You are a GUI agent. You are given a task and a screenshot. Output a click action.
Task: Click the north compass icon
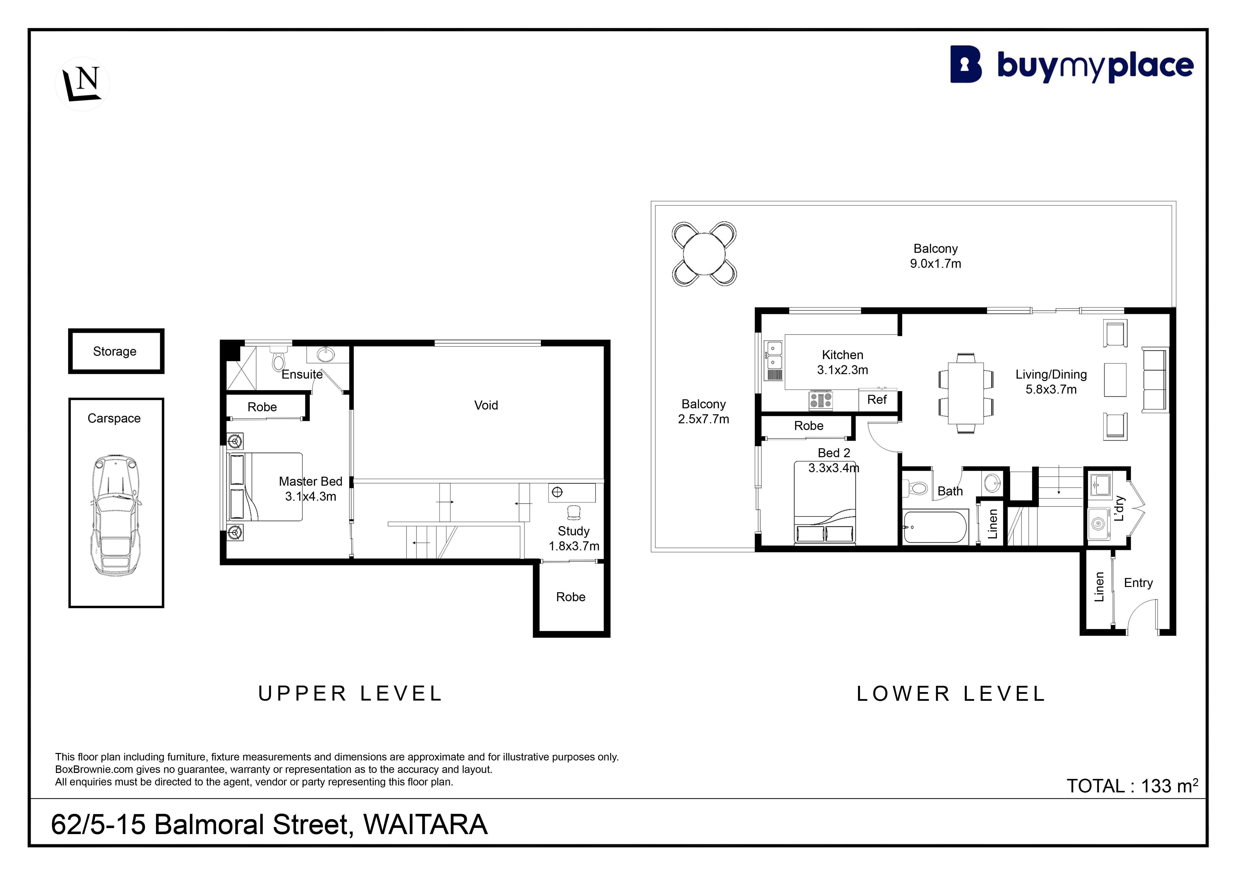82,84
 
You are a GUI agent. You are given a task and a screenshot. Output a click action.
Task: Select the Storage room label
115,351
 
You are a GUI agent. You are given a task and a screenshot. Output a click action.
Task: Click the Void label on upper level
486,405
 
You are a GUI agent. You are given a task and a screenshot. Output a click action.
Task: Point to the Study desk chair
574,512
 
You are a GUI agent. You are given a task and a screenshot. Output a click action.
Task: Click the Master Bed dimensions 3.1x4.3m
311,497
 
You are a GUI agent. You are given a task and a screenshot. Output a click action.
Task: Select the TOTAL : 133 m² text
1132,786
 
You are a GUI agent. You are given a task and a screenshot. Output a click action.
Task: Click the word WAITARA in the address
426,825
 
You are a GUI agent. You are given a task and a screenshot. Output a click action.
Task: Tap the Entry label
1138,583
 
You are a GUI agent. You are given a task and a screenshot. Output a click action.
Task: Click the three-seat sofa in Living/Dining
1155,380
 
